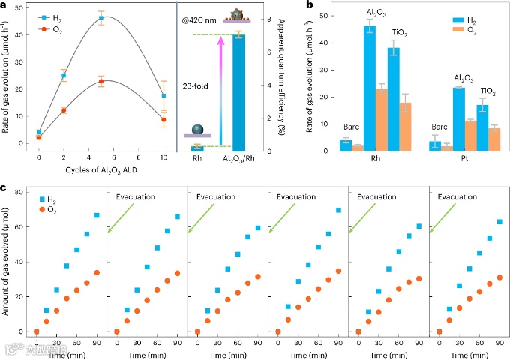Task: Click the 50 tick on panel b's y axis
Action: click(x=326, y=15)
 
